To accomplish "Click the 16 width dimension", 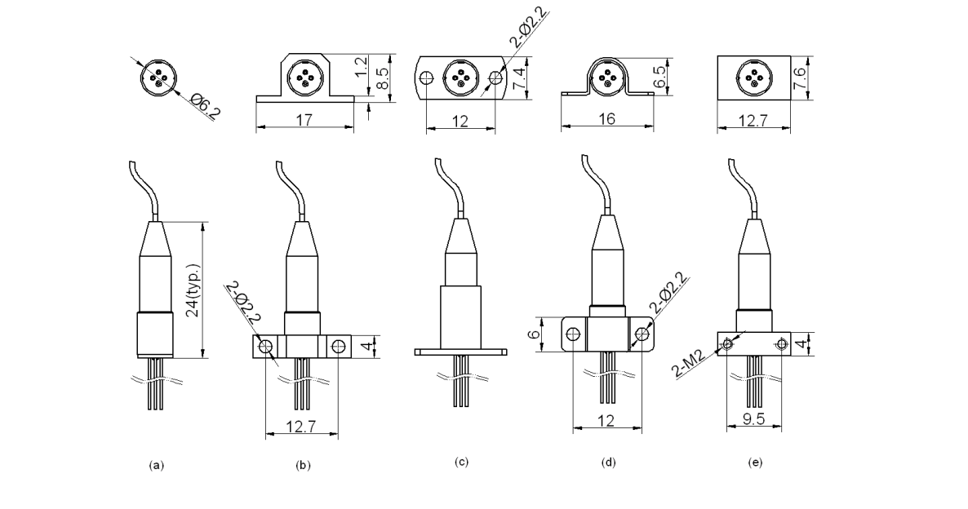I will (x=606, y=119).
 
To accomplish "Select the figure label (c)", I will (x=461, y=463).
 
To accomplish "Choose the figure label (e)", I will (x=755, y=463).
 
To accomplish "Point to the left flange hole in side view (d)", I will (x=573, y=334).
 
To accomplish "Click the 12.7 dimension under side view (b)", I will (x=301, y=423).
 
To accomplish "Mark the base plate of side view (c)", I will (x=461, y=352).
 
